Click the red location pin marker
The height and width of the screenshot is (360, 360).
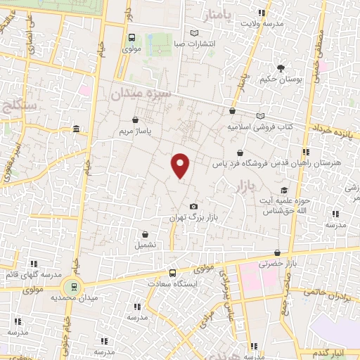(x=181, y=165)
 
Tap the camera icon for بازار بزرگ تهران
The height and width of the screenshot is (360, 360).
(x=193, y=206)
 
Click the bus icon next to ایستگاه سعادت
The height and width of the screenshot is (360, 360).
(x=173, y=274)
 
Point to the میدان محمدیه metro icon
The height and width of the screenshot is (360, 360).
(x=71, y=286)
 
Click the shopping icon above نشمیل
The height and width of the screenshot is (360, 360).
(x=145, y=235)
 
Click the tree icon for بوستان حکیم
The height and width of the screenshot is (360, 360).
(x=281, y=68)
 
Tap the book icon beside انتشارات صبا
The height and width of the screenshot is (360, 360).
(x=195, y=32)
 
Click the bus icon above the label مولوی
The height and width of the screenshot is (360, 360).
(x=132, y=38)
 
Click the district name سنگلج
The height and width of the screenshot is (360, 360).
(x=17, y=108)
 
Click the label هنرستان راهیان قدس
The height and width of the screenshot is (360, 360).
(x=310, y=163)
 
